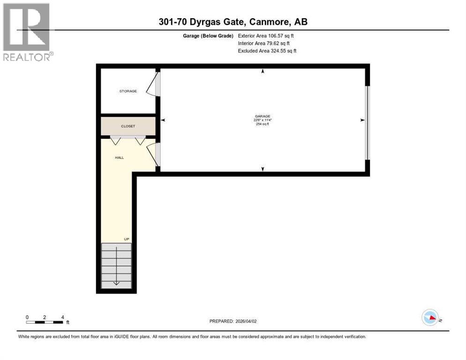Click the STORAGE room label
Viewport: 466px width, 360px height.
[x=128, y=91]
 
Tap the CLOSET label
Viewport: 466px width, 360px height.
[x=128, y=126]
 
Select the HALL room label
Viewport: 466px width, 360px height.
[x=120, y=157]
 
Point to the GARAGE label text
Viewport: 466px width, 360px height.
[x=263, y=116]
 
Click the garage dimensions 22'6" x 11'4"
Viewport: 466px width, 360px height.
[x=263, y=120]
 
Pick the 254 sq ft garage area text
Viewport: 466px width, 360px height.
[x=263, y=124]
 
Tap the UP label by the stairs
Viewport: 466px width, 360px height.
[x=127, y=239]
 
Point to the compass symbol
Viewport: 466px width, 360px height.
[x=430, y=317]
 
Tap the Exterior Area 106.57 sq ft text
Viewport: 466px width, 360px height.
[x=266, y=36]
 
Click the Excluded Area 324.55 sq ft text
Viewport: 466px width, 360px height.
[x=267, y=51]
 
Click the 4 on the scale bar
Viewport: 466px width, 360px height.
[x=62, y=317]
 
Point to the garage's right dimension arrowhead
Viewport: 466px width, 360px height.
[x=362, y=120]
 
